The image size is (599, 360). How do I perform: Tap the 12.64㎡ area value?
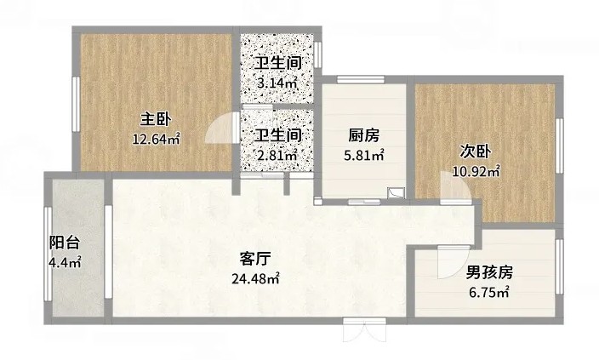click(x=156, y=139)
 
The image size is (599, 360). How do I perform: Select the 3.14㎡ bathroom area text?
click(x=277, y=83)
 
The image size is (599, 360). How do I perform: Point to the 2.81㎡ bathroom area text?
click(x=277, y=154)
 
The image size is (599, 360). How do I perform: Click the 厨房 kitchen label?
click(x=363, y=135)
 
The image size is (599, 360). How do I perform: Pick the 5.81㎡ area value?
click(x=364, y=155)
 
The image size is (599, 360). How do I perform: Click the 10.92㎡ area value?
click(x=476, y=171)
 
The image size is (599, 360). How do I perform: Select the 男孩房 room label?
click(x=489, y=272)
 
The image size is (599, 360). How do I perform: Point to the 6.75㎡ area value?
click(x=489, y=293)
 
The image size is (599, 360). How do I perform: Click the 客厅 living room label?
click(x=255, y=259)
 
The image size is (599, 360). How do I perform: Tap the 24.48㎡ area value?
click(x=255, y=278)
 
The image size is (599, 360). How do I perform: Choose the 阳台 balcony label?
click(x=65, y=243)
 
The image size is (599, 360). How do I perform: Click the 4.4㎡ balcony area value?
click(x=65, y=262)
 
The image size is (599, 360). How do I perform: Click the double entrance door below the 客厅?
click(x=364, y=329)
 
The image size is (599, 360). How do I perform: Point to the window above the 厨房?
click(x=360, y=79)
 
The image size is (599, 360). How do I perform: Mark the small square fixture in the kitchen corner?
click(x=396, y=193)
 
